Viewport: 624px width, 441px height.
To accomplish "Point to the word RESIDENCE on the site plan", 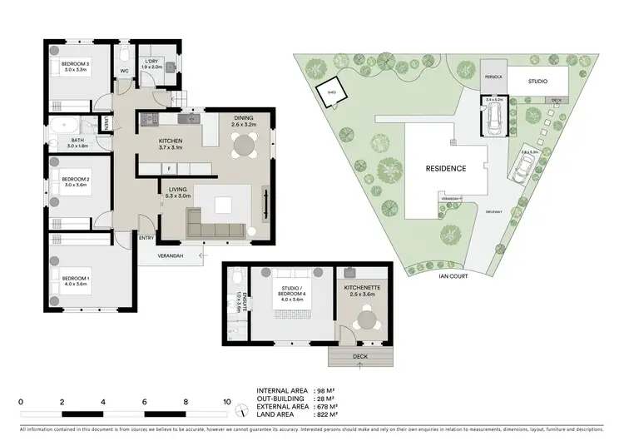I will click(446, 168).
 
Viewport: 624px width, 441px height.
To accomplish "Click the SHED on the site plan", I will click(330, 94).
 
